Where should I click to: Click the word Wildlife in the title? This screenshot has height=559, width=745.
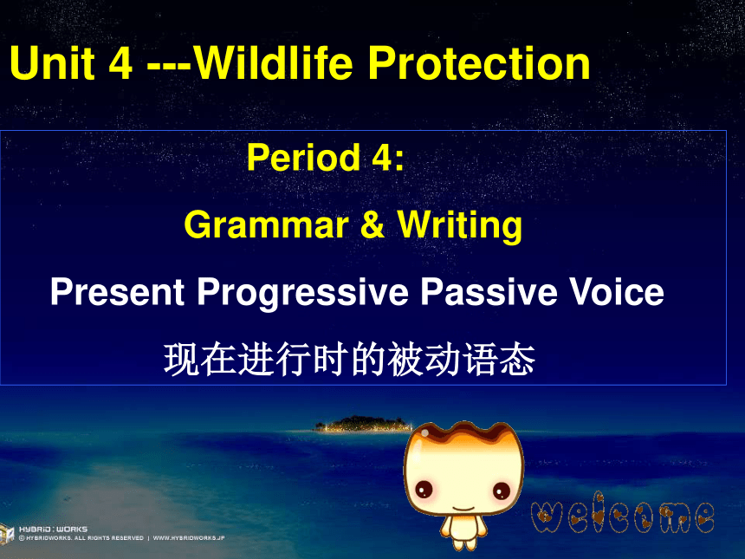[x=273, y=62]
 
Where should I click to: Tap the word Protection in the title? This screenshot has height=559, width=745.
[x=479, y=62]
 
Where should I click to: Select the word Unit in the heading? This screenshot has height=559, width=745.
[x=52, y=62]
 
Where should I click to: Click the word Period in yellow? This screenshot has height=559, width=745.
[x=303, y=158]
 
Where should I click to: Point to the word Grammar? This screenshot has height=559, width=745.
[x=266, y=225]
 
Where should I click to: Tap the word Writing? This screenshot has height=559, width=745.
[x=459, y=225]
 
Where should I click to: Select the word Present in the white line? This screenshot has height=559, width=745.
[x=117, y=291]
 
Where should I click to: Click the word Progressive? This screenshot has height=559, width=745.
[x=302, y=293]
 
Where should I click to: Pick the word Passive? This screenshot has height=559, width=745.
[x=489, y=291]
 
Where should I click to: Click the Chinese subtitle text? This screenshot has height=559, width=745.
[x=350, y=360]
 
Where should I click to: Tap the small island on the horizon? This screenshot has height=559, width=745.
[x=362, y=424]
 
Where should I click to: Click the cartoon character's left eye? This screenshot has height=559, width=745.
[x=424, y=489]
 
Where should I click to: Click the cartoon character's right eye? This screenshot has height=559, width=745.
[x=502, y=491]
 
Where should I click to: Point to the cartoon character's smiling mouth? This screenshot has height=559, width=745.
[x=463, y=509]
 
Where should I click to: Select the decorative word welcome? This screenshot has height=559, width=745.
[x=622, y=513]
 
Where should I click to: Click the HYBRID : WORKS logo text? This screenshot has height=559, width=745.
[x=53, y=529]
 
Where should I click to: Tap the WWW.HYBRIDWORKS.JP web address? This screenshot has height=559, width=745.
[x=189, y=538]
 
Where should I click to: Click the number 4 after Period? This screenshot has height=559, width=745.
[x=381, y=158]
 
